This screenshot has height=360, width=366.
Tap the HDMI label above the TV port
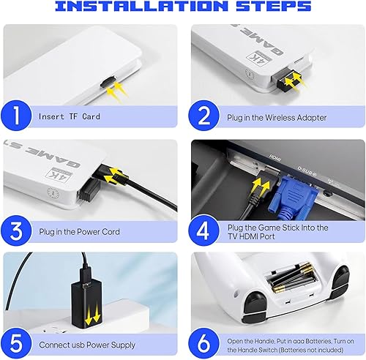[x=275, y=157]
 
